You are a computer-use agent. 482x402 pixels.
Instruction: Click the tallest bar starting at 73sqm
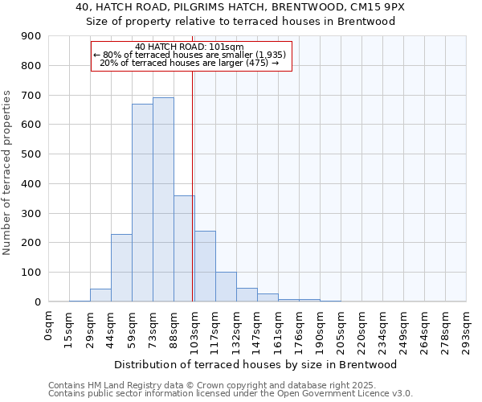(163, 199)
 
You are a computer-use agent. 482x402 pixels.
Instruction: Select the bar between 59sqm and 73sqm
(142, 203)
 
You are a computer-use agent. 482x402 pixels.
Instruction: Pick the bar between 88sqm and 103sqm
(184, 248)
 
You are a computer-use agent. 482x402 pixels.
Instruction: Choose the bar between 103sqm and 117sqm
(205, 266)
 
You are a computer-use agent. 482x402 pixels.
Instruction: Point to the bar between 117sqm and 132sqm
(226, 287)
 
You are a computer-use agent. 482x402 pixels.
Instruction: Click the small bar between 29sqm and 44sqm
(100, 295)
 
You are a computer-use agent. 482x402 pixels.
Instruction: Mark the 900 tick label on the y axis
(31, 36)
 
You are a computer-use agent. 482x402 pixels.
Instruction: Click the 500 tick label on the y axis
(31, 154)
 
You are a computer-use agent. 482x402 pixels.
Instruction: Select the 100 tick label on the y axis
(31, 273)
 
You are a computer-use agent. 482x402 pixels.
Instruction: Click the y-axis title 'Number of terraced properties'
(7, 173)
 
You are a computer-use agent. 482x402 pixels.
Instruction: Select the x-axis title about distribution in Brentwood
(257, 365)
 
